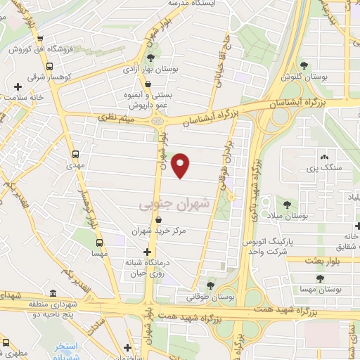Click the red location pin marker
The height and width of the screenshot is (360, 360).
click(181, 165)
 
